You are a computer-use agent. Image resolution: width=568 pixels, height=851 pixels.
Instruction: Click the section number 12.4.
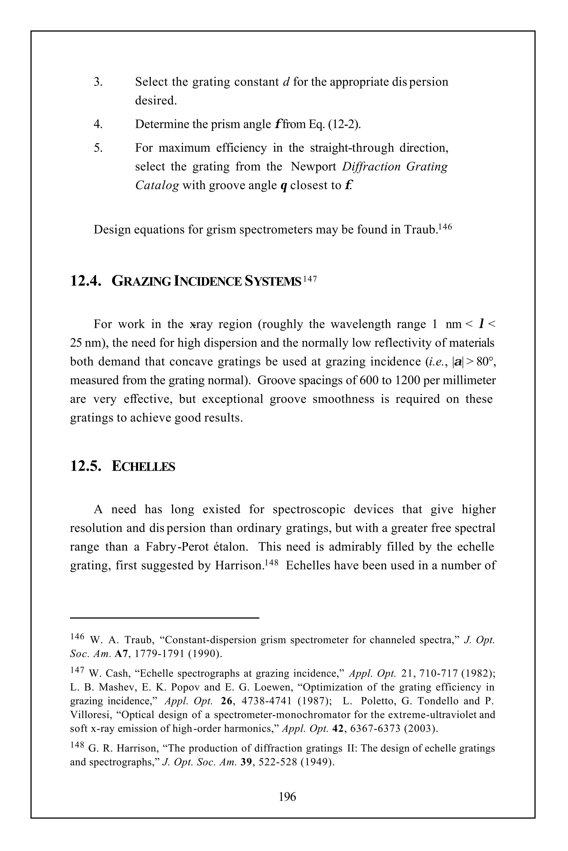tap(85, 281)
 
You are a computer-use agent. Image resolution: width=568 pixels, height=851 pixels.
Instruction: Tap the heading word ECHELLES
tap(143, 466)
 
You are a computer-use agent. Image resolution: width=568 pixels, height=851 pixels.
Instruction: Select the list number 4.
tap(98, 124)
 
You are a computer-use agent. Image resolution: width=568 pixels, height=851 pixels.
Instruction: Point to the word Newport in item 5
tap(313, 166)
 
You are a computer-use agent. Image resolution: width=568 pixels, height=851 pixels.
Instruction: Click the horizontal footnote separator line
tap(164, 618)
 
